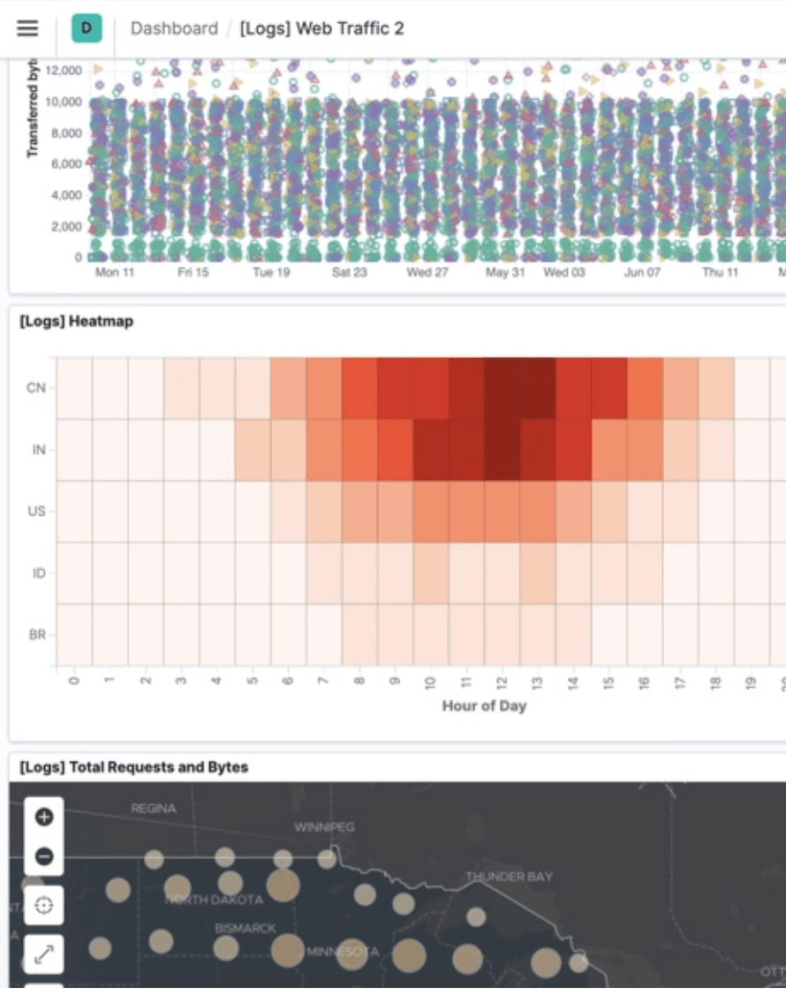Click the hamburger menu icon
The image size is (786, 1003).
pos(27,28)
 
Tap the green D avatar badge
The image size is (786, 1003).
pos(87,28)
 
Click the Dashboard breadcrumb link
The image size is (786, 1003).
pos(174,28)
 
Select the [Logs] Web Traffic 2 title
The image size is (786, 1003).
pos(321,28)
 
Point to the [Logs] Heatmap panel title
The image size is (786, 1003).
pos(76,322)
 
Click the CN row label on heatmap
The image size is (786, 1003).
pos(36,388)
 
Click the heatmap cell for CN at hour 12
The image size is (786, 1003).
pos(502,388)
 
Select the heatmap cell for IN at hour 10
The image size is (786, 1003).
pos(430,450)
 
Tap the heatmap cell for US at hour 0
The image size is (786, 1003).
pos(74,512)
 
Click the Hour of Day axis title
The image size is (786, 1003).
pos(484,706)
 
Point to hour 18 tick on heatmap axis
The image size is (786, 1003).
pos(716,683)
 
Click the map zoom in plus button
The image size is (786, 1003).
pos(44,817)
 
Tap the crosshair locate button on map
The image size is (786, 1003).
pos(44,905)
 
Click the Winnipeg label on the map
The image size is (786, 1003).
pos(324,827)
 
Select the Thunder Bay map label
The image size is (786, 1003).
pos(509,877)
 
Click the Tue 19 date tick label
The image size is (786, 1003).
pos(270,273)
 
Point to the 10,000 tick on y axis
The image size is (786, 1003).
pos(64,102)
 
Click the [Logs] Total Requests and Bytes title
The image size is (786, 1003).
pos(133,767)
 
